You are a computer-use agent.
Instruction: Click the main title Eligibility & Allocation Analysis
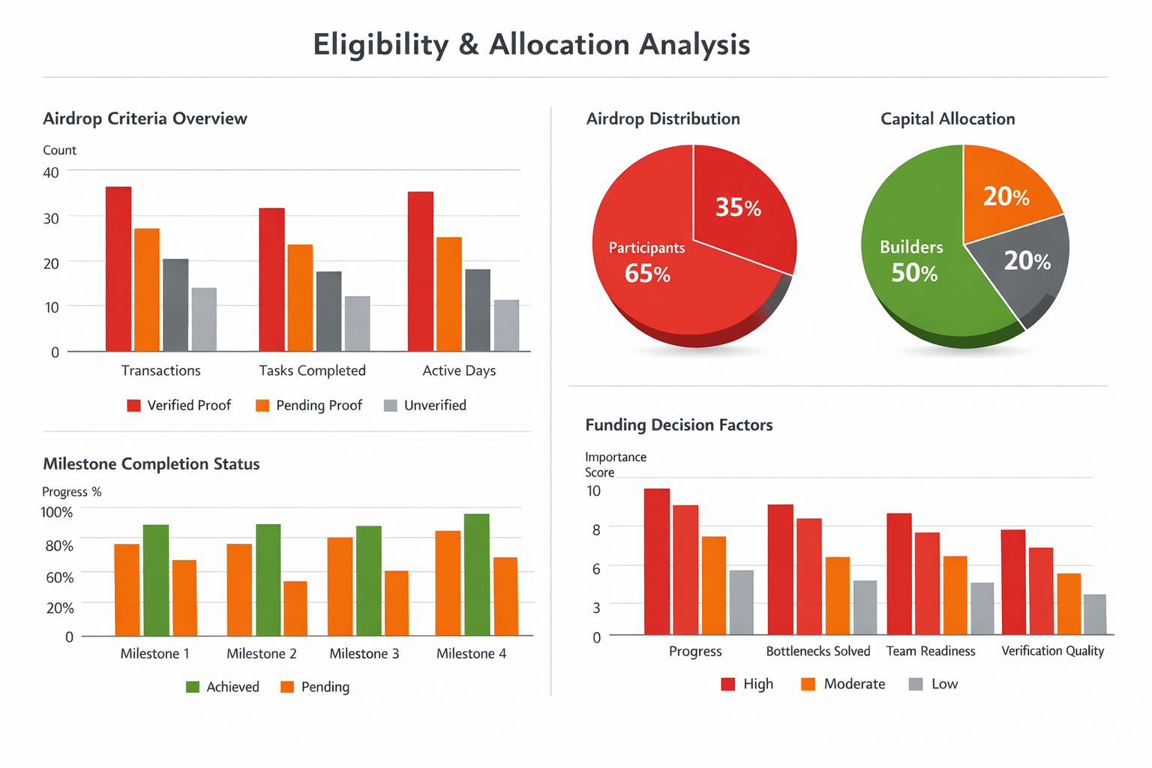531,45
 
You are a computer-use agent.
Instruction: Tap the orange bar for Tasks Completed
300,298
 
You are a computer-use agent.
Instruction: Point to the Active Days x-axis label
459,370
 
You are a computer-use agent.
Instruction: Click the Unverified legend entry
425,406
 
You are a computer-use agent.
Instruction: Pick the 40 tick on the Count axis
51,172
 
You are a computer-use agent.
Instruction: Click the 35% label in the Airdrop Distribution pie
738,208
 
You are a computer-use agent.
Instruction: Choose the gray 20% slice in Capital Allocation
1027,261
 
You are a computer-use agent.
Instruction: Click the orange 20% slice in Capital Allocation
1006,196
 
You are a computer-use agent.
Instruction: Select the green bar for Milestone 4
476,574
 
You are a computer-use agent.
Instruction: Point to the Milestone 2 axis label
262,654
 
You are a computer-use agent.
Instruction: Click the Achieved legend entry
223,687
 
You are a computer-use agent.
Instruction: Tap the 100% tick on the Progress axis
57,512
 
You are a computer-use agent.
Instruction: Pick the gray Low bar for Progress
741,602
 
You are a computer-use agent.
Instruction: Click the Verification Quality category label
1052,651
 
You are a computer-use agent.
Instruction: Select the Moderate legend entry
843,684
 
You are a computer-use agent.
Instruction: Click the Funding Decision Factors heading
679,425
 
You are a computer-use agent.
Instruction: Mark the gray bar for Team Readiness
982,608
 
